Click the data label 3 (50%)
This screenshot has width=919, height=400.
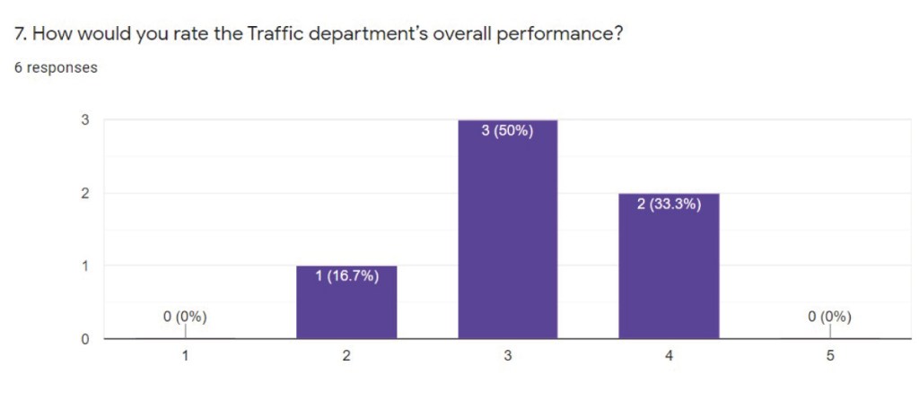508,132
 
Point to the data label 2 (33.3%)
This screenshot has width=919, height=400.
669,204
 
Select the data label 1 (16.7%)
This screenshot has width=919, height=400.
346,276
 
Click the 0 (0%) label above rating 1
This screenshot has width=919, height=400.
185,316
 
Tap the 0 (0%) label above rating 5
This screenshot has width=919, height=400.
829,316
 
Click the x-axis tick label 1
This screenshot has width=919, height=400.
185,356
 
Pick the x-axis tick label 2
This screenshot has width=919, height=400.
346,356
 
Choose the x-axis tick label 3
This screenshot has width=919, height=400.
508,356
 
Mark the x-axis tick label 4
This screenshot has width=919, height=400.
669,356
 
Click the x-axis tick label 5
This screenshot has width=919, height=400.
830,356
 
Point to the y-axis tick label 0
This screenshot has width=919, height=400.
85,339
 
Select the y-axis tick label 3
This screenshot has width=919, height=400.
85,119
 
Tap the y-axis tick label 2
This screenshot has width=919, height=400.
85,193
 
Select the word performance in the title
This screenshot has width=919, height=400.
559,36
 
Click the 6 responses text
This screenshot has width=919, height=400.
56,67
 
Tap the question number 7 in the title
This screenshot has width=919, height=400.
20,35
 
